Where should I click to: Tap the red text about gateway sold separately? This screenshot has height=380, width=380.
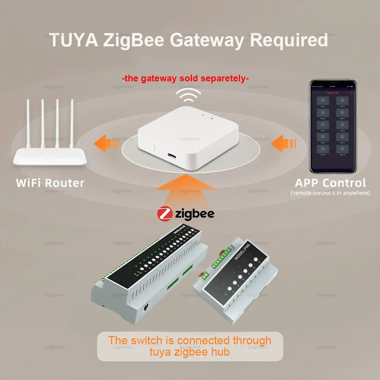click(185, 79)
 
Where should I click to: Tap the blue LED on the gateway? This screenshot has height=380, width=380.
click(204, 115)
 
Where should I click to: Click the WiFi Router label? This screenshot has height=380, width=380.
click(50, 183)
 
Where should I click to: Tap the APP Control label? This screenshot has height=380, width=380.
click(330, 183)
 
